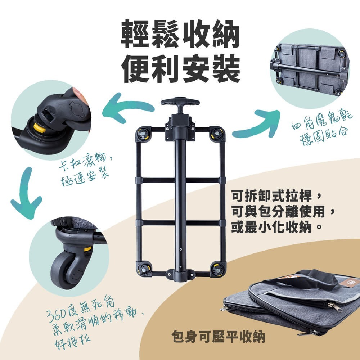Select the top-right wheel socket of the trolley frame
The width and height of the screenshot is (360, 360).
217,134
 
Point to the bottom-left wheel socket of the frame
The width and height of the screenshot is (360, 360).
143,269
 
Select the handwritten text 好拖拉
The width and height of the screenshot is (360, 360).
72,339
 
